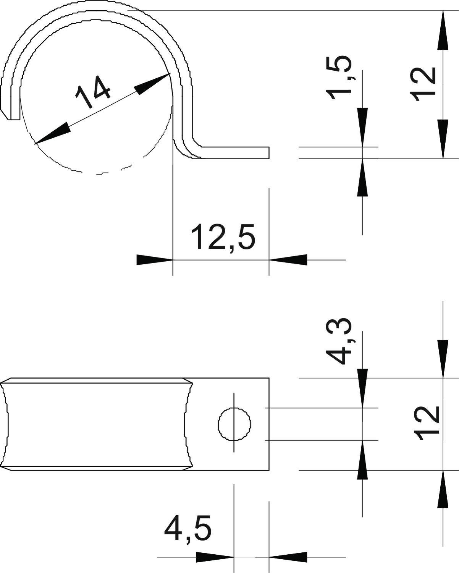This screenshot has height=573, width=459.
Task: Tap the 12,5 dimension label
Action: pyautogui.click(x=223, y=237)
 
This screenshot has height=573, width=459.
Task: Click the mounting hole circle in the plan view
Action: pyautogui.click(x=234, y=424)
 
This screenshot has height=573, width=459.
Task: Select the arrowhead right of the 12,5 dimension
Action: pyautogui.click(x=288, y=260)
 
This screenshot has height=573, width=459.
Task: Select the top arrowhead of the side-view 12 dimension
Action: pyautogui.click(x=443, y=30)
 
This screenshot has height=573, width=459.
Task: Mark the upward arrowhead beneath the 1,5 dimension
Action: pyautogui.click(x=362, y=178)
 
